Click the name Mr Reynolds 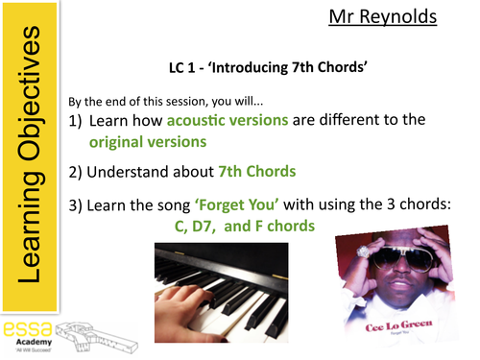pos(389,16)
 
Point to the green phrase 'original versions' pos(148,141)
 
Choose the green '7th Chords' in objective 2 pos(254,172)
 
